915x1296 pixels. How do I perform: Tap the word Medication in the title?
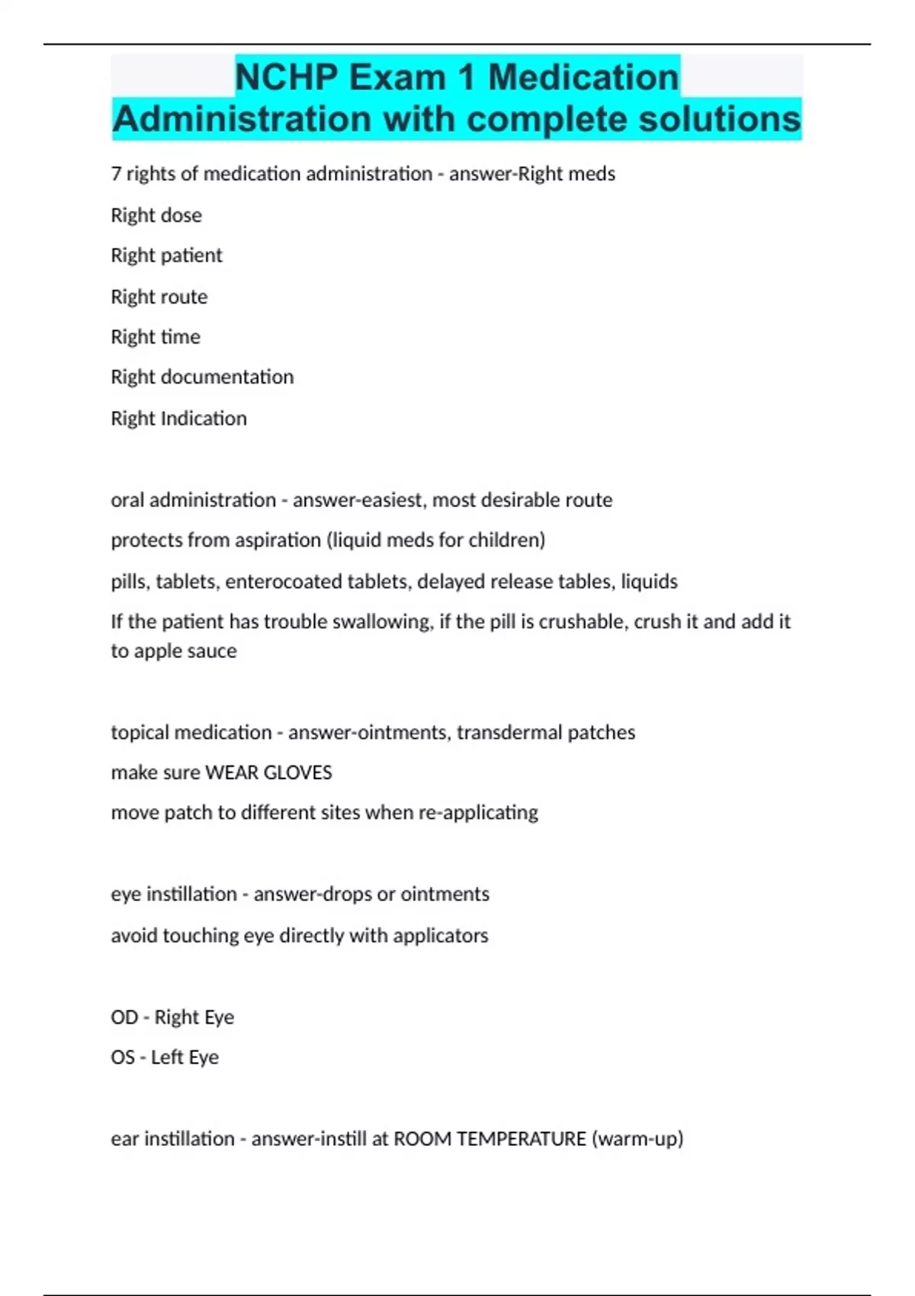pyautogui.click(x=583, y=77)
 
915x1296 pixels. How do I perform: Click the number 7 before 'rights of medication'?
pyautogui.click(x=116, y=174)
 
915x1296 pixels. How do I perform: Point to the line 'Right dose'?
pyautogui.click(x=156, y=215)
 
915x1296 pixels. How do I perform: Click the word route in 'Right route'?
pyautogui.click(x=185, y=297)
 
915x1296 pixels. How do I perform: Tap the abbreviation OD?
pyautogui.click(x=124, y=1017)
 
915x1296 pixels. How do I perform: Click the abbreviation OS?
pyautogui.click(x=123, y=1057)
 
